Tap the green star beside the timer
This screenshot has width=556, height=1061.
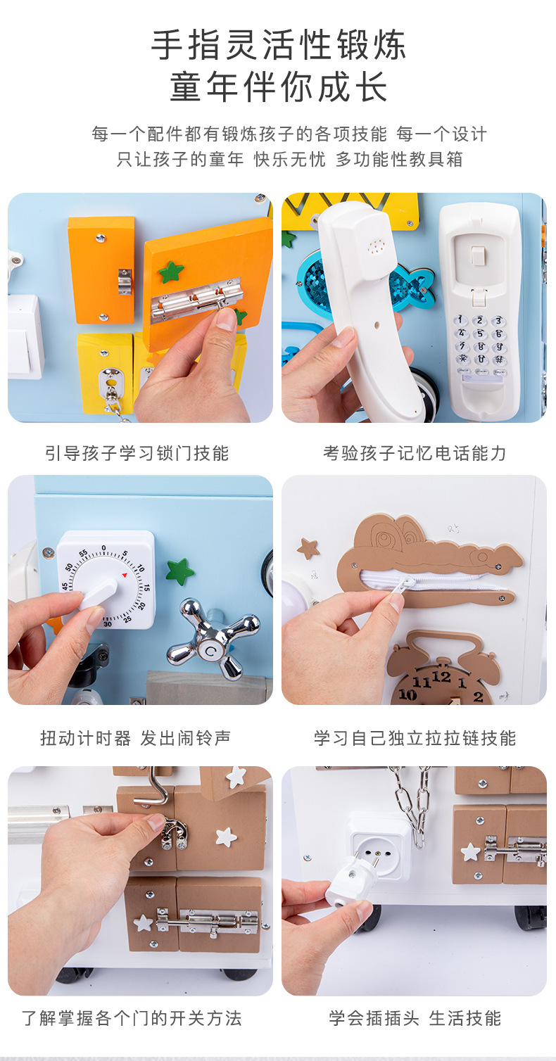coord(179,571)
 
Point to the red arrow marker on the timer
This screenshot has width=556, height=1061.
coord(125,575)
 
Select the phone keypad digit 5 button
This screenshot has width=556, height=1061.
coord(479,333)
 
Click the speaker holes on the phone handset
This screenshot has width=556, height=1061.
coord(377,246)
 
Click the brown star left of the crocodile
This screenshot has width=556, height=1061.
coord(308,548)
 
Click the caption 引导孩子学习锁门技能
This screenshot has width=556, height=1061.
coord(137,453)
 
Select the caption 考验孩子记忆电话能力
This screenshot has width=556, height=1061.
coord(415,453)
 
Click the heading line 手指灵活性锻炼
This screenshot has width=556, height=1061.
coord(278,45)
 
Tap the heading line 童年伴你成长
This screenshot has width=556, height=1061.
coord(278,87)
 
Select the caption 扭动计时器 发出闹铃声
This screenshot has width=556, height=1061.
coord(136,738)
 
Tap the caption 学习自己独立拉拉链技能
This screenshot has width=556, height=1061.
coord(415,738)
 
